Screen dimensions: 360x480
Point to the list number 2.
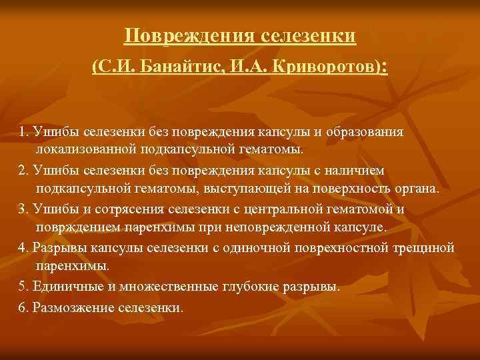(23, 172)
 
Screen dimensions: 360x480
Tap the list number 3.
(23, 209)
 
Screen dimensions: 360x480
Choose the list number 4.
(23, 248)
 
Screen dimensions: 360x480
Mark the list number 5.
(23, 287)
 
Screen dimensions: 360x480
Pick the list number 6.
(23, 308)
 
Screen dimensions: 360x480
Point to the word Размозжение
(72, 308)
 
